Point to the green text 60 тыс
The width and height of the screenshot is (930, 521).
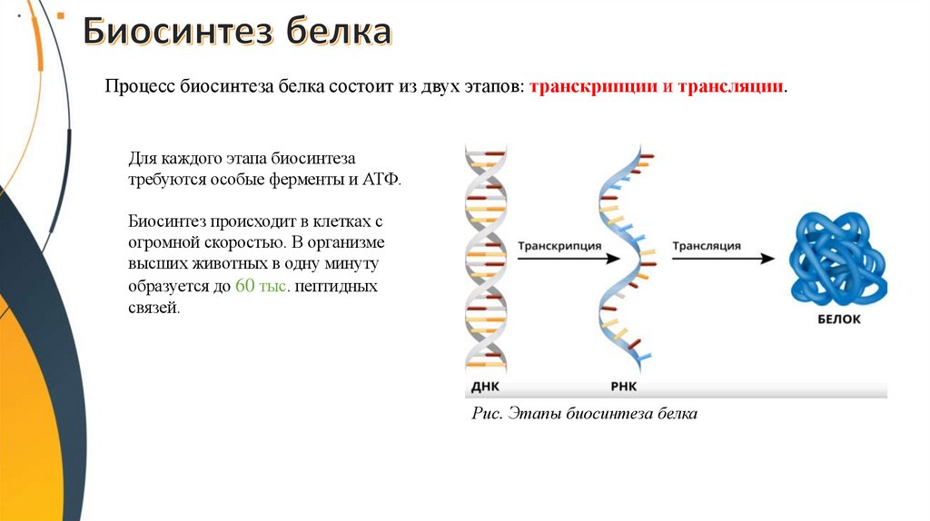click(x=261, y=286)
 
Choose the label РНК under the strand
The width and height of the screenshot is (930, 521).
click(x=624, y=387)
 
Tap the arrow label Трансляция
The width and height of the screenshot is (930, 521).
click(x=707, y=246)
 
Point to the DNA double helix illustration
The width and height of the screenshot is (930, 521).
click(x=486, y=259)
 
